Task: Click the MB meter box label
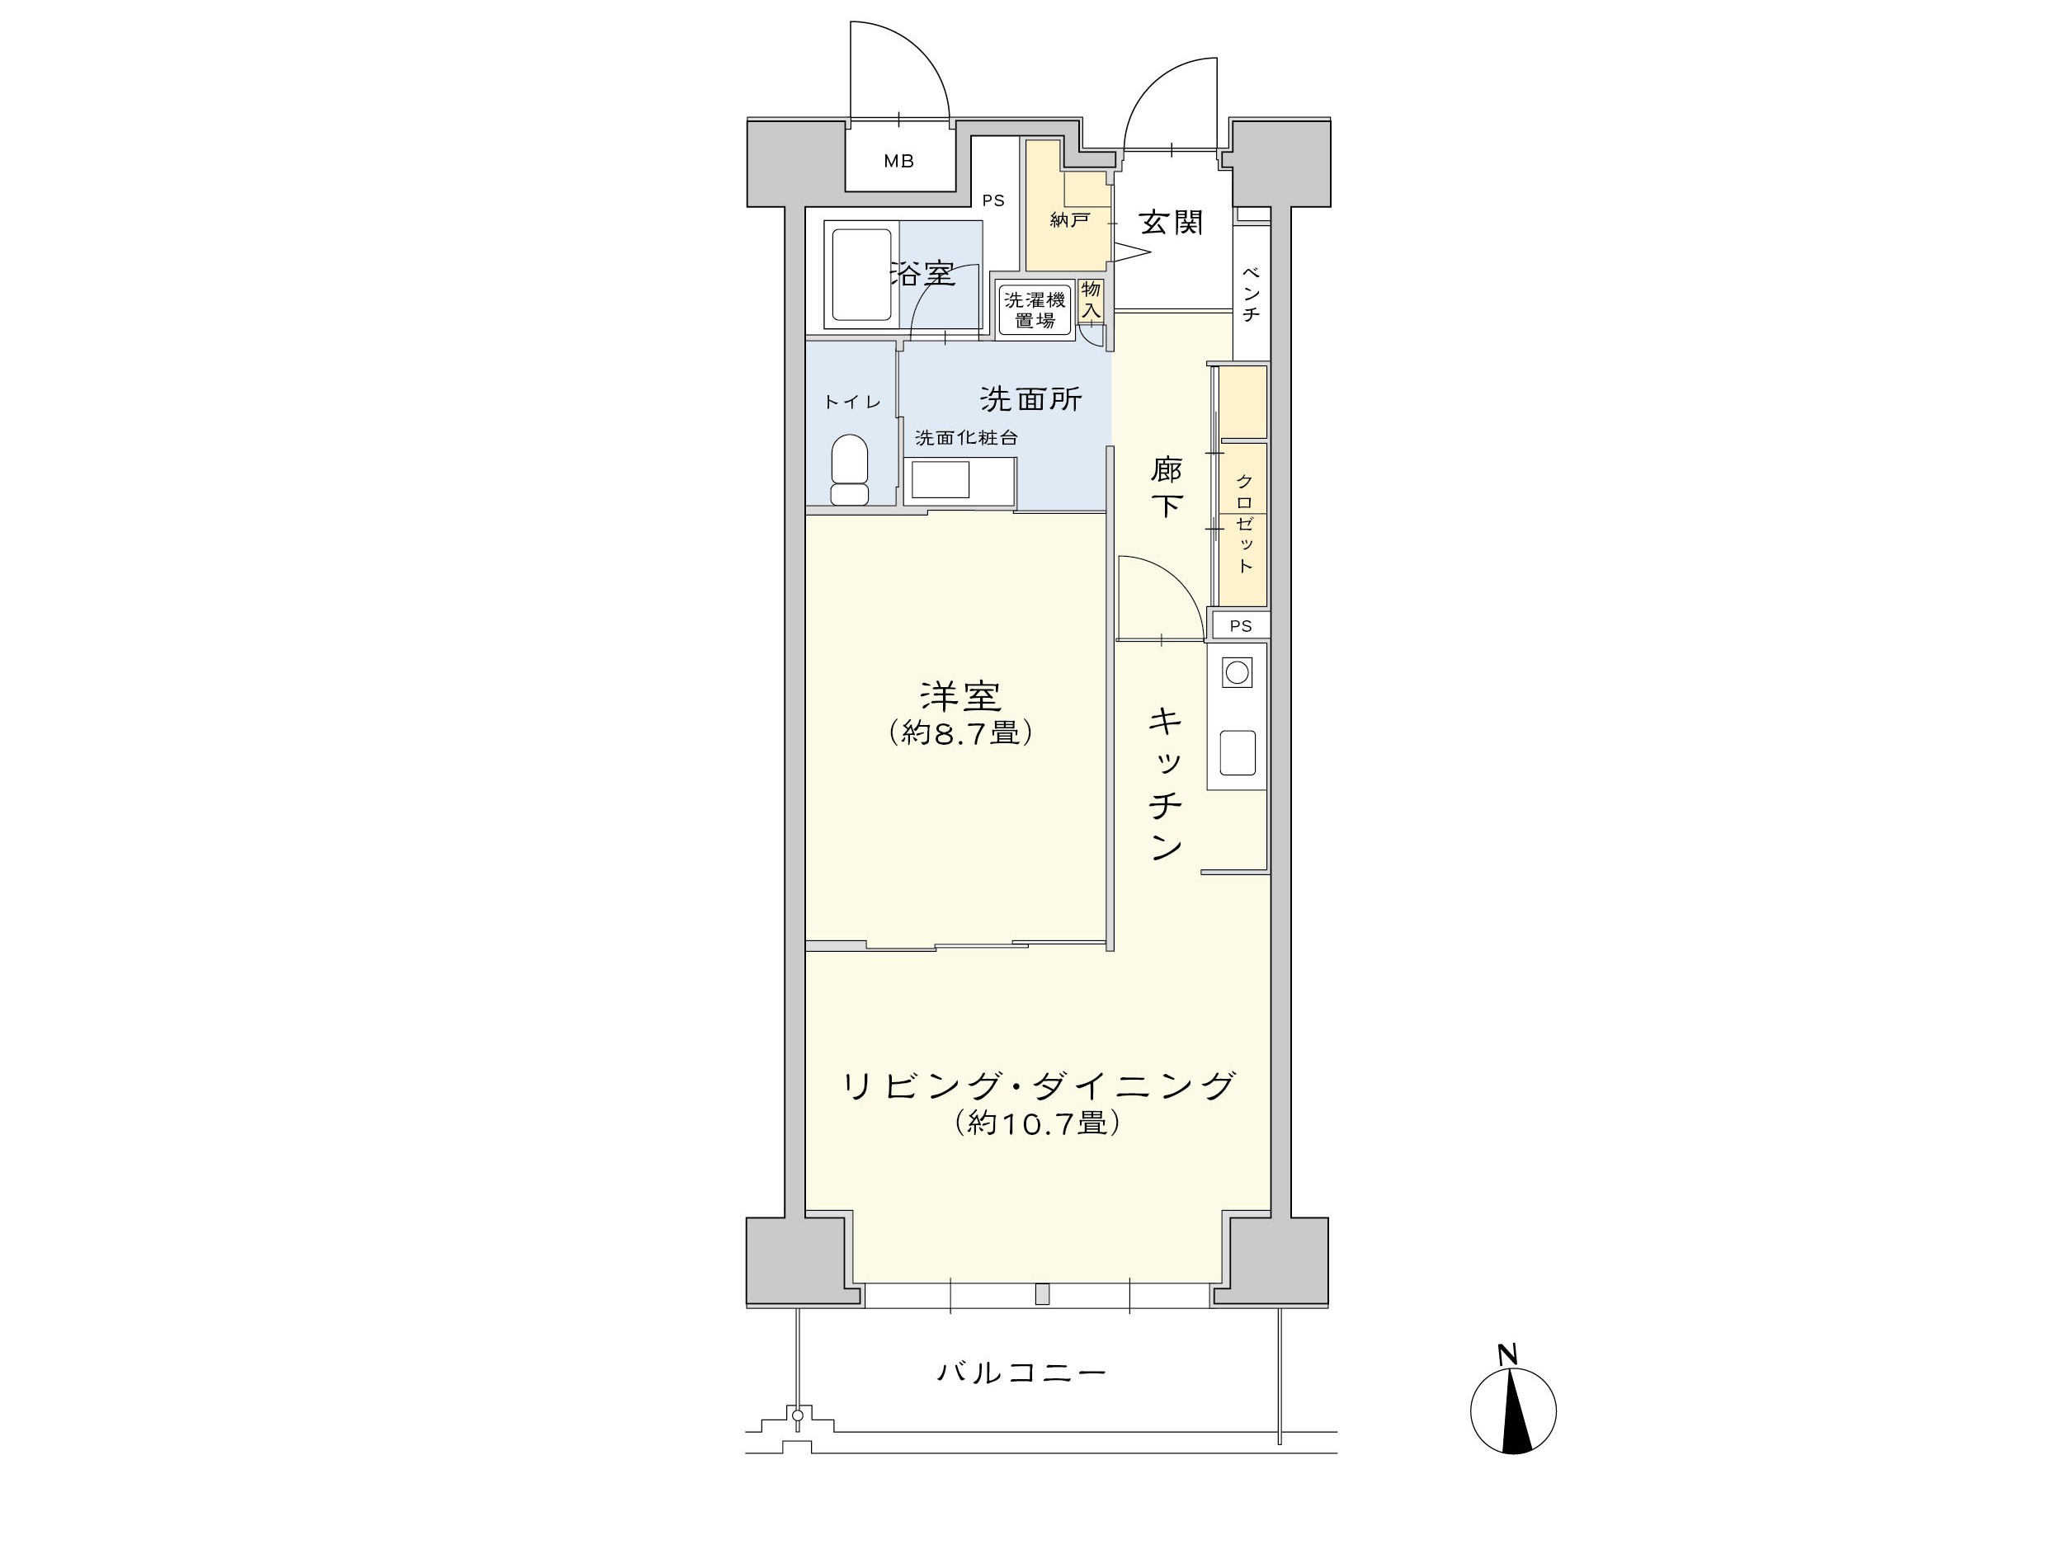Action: click(898, 162)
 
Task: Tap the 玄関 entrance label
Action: click(1171, 223)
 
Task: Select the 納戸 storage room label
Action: click(1069, 221)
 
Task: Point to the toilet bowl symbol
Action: click(849, 469)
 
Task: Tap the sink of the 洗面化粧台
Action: click(941, 479)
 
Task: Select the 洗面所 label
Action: click(1031, 398)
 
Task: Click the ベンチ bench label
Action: click(1250, 294)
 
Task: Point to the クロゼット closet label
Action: click(1244, 523)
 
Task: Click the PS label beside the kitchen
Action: click(1241, 626)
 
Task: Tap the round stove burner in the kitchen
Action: click(1237, 672)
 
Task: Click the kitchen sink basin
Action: click(1238, 752)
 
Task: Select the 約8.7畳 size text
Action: click(960, 732)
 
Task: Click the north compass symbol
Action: click(1513, 1410)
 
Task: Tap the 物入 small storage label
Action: click(1092, 300)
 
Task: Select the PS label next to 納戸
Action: click(993, 200)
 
